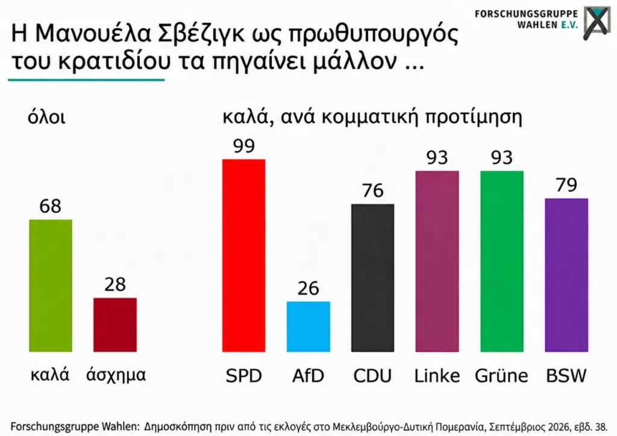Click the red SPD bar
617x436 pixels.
point(243,255)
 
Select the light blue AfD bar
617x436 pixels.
point(308,326)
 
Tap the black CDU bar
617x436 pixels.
point(372,277)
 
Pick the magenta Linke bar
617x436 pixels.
point(437,261)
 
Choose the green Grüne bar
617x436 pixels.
point(502,261)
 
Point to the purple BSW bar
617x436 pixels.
point(566,275)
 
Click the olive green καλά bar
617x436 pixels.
point(51,286)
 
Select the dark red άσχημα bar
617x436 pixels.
point(115,324)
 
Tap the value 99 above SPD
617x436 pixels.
point(244,146)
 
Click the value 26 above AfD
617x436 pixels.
point(308,288)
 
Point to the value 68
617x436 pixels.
point(51,206)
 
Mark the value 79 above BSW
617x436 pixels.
point(566,185)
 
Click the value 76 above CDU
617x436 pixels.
point(372,191)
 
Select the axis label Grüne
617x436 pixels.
point(501,375)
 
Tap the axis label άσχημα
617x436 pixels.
point(116,374)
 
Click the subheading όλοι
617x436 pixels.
point(46,118)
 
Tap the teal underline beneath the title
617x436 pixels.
point(86,80)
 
